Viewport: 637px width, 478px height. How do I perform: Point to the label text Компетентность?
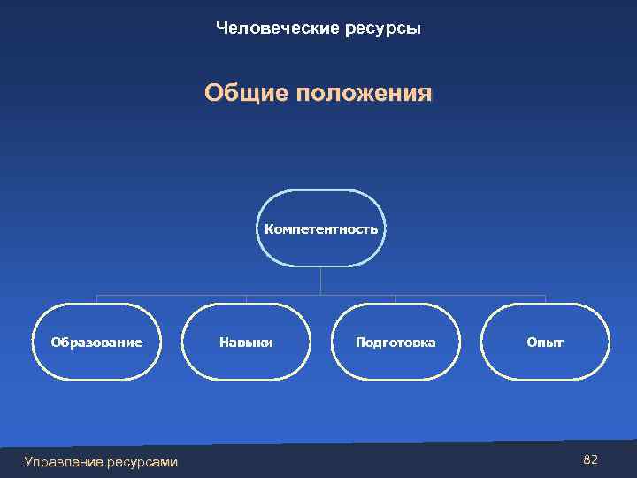pos(321,229)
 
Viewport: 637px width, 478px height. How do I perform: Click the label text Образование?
pos(96,343)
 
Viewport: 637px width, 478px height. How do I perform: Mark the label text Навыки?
pos(246,343)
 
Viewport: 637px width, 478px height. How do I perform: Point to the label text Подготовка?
pos(395,343)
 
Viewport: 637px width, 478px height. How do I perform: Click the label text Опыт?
pos(545,343)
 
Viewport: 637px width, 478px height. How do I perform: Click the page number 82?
pos(591,459)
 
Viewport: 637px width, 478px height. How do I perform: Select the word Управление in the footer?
pos(63,461)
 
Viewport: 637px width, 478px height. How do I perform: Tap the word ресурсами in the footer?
pos(141,461)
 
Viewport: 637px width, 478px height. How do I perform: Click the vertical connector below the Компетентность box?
pos(321,281)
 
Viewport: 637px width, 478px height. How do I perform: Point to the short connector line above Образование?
pos(96,299)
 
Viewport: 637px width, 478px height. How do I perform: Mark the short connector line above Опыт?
pos(545,299)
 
